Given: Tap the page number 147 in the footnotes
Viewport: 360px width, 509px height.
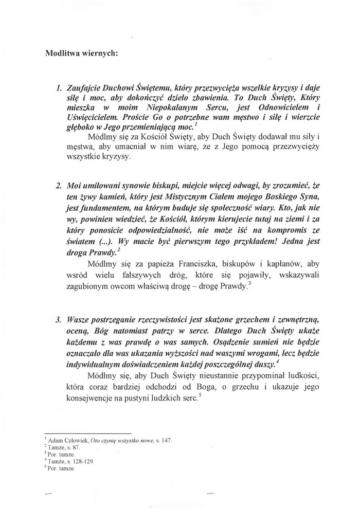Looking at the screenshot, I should pos(166,441).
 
